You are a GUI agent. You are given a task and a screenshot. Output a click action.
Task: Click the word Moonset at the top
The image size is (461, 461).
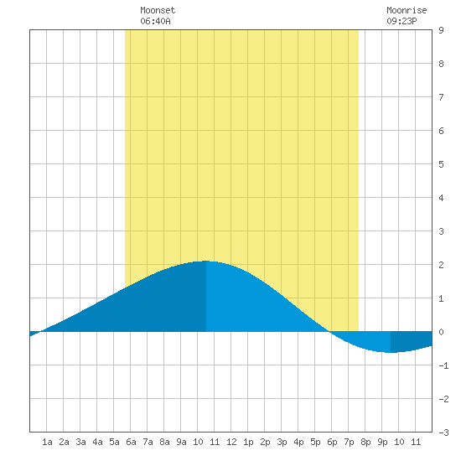158,10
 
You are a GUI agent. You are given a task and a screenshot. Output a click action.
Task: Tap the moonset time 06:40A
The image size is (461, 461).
155,21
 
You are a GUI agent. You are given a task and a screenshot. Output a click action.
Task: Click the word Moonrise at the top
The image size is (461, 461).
407,10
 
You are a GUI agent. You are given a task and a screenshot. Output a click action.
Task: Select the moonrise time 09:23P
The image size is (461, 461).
401,21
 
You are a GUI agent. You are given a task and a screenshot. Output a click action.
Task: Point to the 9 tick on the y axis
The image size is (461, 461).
441,30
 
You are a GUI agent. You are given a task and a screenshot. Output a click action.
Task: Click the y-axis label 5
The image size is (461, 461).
441,164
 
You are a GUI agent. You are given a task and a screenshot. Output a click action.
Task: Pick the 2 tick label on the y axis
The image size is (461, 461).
441,265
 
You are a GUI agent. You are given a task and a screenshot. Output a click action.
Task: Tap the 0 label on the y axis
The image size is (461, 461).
441,332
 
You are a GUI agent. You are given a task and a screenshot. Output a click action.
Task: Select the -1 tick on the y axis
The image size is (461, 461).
443,365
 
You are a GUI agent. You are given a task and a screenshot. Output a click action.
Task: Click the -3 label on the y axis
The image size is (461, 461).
443,433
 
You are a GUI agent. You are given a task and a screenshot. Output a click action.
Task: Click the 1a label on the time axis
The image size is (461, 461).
47,442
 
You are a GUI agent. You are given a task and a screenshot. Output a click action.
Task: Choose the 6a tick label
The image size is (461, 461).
131,442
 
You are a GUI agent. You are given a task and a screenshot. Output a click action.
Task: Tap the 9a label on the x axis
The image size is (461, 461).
181,442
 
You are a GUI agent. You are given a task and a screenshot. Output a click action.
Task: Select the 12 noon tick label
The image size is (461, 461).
231,442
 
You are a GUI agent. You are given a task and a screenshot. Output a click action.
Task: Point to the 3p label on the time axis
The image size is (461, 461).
282,442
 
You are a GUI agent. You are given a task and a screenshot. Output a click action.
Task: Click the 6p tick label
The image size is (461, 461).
332,442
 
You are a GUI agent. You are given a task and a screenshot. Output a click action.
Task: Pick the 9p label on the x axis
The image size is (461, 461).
382,442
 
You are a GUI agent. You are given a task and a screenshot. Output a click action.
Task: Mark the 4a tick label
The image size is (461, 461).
97,442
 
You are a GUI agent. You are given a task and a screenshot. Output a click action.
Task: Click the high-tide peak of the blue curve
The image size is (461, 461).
206,261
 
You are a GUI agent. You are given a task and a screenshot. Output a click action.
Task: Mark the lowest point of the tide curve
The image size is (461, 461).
391,352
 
